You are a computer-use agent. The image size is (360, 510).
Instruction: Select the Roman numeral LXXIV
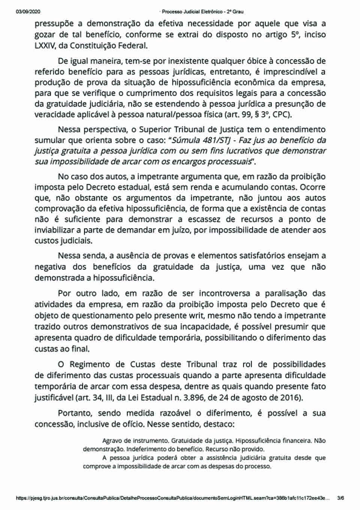click(43, 46)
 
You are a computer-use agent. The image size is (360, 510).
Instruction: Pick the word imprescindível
click(291, 72)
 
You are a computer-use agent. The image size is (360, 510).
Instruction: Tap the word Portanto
click(75, 413)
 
